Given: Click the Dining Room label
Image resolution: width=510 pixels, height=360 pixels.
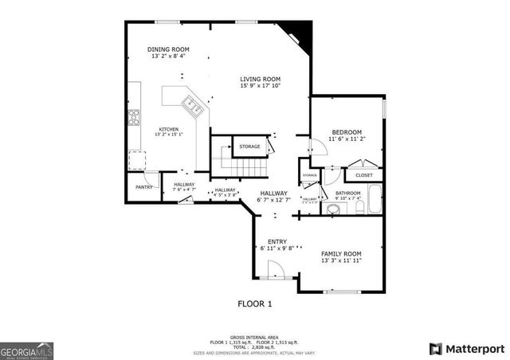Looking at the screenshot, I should [x=168, y=49].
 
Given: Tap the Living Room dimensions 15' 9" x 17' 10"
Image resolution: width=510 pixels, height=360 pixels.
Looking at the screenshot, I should [x=261, y=86].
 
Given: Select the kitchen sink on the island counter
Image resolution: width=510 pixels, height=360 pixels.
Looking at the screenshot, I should [x=190, y=102].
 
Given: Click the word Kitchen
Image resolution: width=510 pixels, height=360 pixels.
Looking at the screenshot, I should [x=168, y=129].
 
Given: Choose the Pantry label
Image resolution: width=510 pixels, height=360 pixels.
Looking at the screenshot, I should [x=143, y=187].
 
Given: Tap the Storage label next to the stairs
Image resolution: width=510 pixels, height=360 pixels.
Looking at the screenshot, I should [x=249, y=147].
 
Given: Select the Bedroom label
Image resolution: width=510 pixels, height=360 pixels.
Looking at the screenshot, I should [x=347, y=132].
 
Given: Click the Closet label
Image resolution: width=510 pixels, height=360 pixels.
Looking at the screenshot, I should [x=364, y=175].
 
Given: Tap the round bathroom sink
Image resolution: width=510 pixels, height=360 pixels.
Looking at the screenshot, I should [x=334, y=210].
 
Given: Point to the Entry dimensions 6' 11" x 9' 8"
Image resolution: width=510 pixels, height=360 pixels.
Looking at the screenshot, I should [x=277, y=248].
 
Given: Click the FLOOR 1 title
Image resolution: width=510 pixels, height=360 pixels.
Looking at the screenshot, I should [x=255, y=303].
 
